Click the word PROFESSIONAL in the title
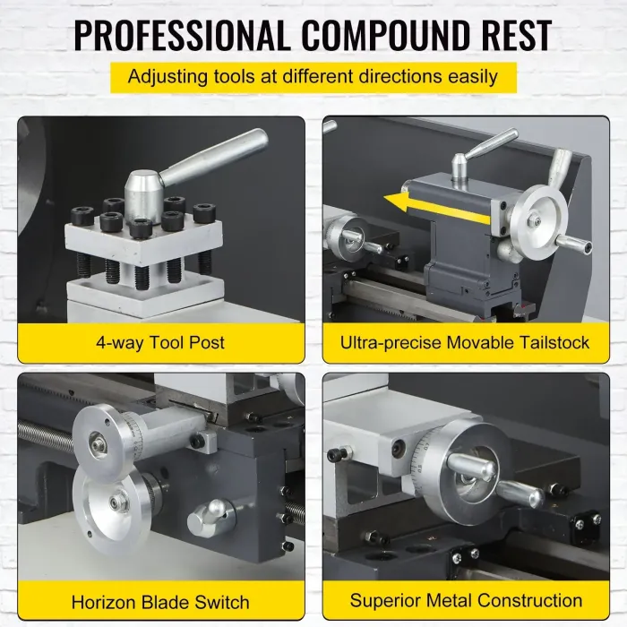click(x=182, y=35)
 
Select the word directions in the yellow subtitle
click(x=400, y=76)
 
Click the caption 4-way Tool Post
click(x=160, y=343)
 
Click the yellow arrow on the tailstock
click(x=437, y=206)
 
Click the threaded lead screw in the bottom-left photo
click(x=45, y=433)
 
